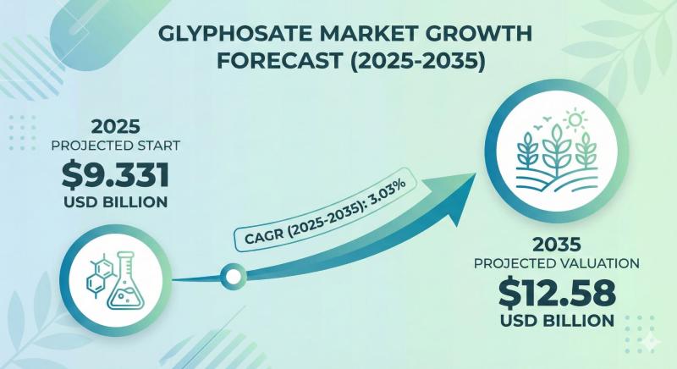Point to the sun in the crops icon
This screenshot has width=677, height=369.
579,121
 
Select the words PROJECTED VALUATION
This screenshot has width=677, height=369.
556,264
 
